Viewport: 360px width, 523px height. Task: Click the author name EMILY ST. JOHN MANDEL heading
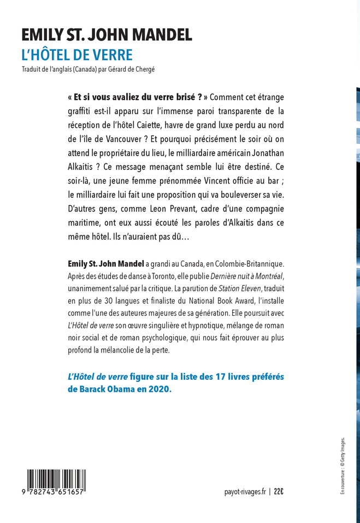107,36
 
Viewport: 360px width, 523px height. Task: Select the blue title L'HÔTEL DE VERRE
77,55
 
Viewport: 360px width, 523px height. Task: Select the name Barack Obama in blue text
110,391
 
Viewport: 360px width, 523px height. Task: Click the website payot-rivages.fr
244,492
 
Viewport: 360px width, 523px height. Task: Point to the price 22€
279,492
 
